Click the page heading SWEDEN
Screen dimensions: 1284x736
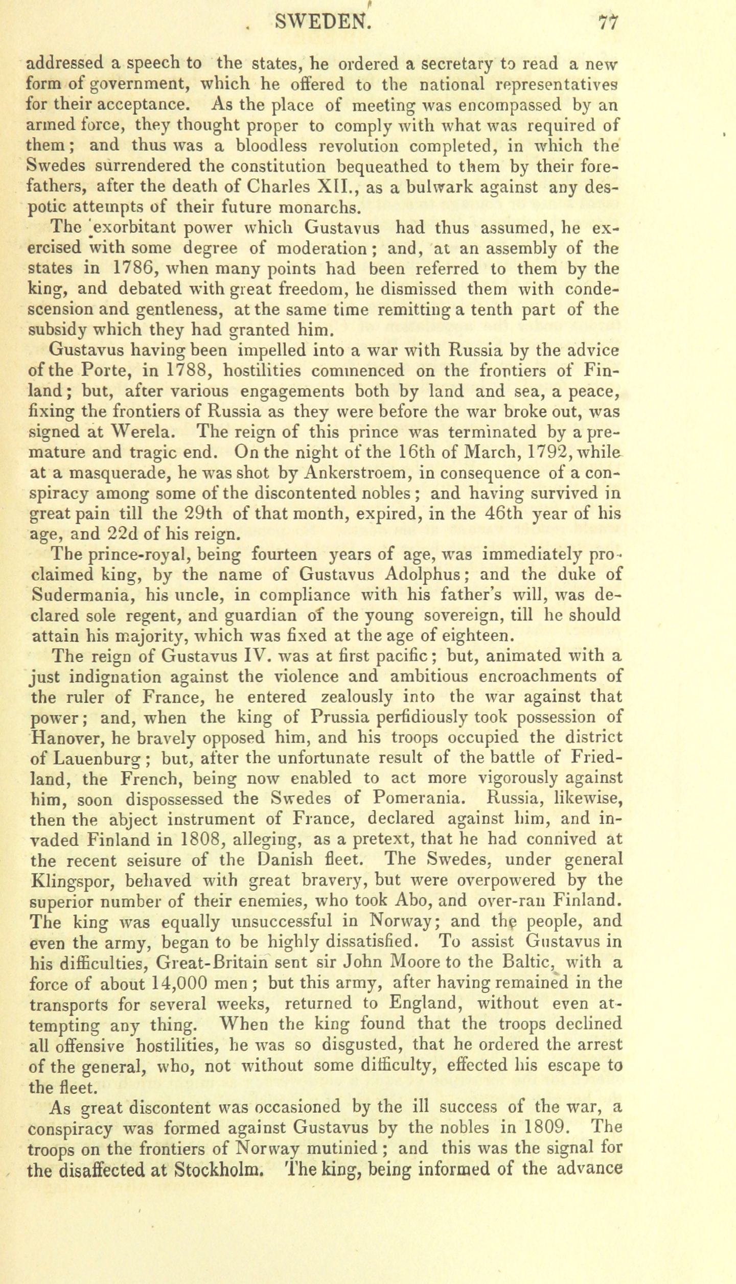(x=320, y=21)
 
